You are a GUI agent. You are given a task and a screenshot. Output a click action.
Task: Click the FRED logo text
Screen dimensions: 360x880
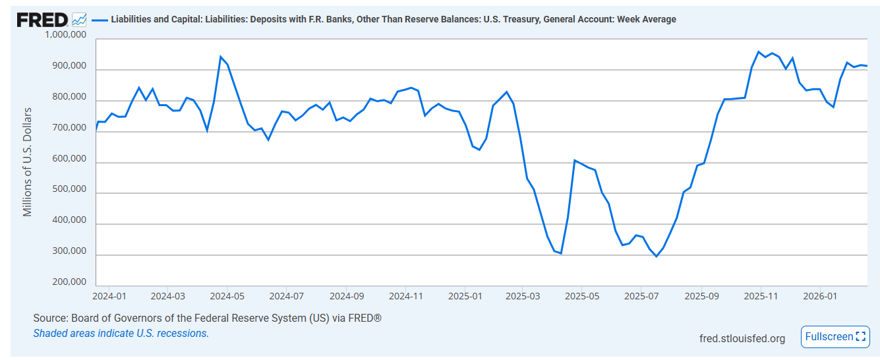point(42,20)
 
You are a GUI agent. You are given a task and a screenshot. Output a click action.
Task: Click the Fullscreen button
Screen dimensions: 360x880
point(834,337)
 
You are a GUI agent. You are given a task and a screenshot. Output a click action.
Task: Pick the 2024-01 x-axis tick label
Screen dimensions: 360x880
point(109,297)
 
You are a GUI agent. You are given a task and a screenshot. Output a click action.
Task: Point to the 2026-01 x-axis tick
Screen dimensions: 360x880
point(820,297)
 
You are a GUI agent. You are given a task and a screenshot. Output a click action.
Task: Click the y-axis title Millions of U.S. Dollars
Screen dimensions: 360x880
point(28,162)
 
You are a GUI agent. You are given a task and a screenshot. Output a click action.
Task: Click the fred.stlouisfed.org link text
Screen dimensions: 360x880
point(742,338)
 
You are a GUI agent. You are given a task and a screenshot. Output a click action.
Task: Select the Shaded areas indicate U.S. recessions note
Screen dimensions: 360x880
point(121,334)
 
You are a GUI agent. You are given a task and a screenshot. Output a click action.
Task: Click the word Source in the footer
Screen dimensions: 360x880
point(50,318)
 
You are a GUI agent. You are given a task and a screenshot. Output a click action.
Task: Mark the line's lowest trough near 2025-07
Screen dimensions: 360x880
point(656,256)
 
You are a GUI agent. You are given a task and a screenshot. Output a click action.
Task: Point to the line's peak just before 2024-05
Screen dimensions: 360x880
point(220,57)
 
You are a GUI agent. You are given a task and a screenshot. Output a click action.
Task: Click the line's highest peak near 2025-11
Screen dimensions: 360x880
point(759,51)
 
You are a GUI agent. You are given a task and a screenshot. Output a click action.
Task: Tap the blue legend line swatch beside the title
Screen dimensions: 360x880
point(100,20)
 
